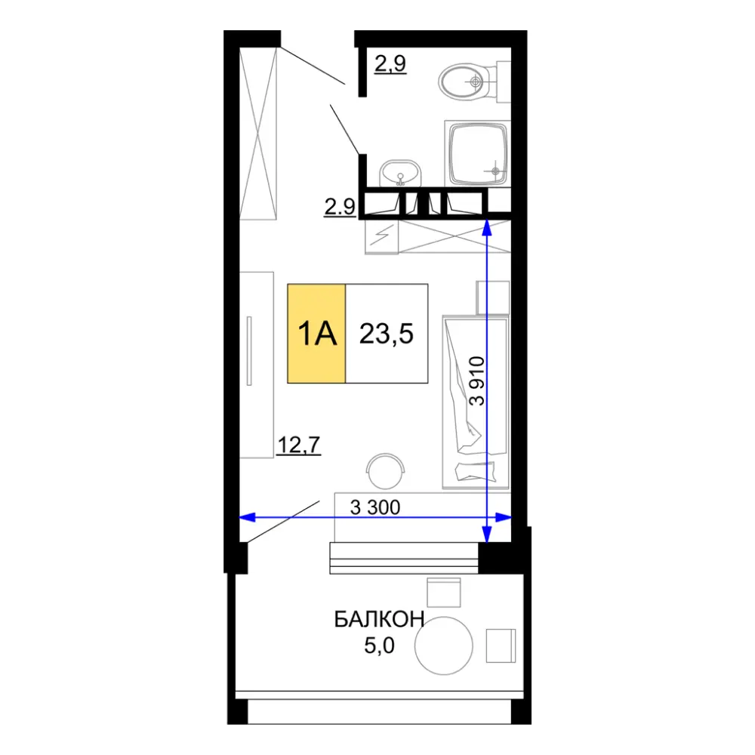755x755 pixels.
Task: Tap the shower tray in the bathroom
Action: coord(478,153)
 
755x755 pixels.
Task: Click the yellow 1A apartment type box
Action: coord(316,334)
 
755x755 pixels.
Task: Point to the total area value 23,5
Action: coord(386,334)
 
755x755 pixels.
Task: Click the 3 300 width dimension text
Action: coord(375,507)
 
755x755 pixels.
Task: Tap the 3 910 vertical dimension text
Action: coord(476,381)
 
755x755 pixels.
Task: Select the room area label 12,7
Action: coord(299,445)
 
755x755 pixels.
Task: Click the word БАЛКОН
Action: coord(379,619)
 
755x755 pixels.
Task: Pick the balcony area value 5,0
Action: coord(380,646)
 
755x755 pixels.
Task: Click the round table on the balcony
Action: coord(443,646)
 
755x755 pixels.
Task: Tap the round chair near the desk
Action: coord(385,471)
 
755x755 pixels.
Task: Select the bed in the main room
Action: coord(476,402)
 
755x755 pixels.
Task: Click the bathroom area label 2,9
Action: coord(390,63)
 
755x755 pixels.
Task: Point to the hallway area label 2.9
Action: coord(340,207)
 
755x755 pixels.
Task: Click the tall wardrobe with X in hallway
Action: coord(258,134)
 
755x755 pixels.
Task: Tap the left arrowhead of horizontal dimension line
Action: coord(247,518)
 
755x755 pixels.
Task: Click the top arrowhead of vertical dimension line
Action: coord(487,227)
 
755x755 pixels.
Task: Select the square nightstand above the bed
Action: coord(492,297)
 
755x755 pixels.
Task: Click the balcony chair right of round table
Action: coord(501,646)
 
